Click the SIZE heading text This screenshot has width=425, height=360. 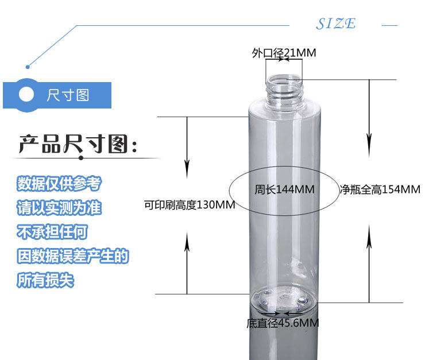point(336,24)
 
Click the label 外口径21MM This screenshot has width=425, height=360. point(284,53)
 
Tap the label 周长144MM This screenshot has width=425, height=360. point(284,189)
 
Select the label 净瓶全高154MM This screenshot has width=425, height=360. point(380,189)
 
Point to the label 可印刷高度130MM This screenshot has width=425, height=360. point(189,204)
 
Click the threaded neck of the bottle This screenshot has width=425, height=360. point(284,88)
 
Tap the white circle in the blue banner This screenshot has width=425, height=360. point(27,94)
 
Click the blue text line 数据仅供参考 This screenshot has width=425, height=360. point(59,184)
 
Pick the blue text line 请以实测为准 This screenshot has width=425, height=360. point(59,207)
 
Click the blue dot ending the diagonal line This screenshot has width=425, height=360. point(28,64)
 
